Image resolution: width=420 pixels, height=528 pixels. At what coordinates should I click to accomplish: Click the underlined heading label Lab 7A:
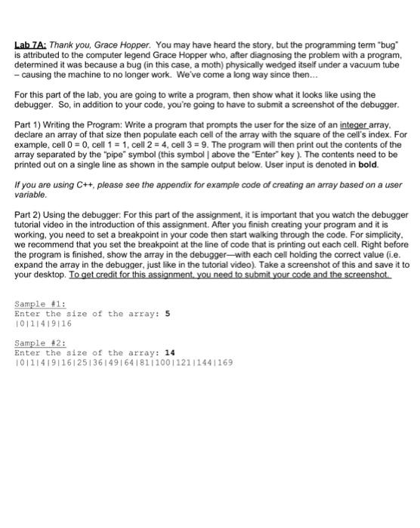click(x=31, y=45)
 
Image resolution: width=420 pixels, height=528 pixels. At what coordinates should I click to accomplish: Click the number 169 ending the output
click(x=224, y=362)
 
